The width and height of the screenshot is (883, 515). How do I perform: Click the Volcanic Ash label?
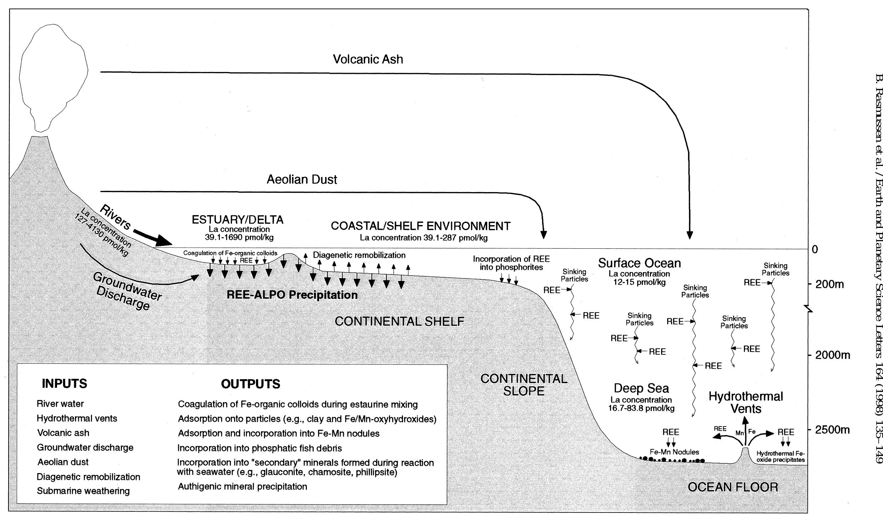tap(368, 59)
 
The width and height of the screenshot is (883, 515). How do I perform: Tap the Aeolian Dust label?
tap(302, 179)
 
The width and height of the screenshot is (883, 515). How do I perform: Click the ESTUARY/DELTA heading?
tap(237, 220)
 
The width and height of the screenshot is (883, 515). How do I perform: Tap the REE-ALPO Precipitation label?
tap(292, 295)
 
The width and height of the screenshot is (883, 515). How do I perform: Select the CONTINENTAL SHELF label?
tap(399, 321)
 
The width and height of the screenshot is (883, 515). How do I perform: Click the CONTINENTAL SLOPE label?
tap(523, 385)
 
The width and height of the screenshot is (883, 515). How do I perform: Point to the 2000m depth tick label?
tap(832, 356)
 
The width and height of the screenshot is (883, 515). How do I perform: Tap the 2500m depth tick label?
tap(832, 430)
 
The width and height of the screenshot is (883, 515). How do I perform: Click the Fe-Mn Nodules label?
tap(674, 452)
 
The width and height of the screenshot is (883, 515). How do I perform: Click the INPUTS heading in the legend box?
tap(65, 384)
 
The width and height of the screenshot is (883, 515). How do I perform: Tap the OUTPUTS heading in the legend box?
tap(250, 384)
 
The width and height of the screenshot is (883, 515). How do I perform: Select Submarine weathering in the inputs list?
tap(83, 491)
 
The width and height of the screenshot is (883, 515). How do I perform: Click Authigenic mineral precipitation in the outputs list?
tap(242, 487)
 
